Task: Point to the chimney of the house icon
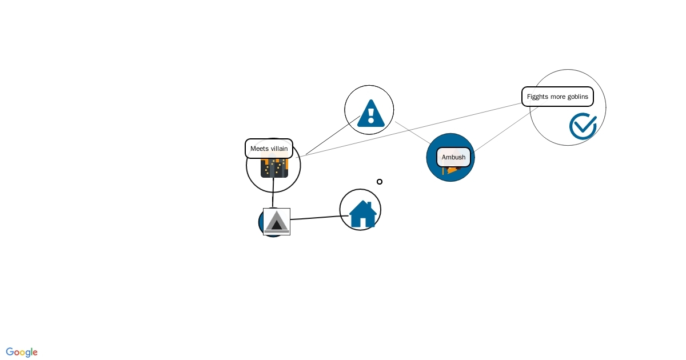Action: pyautogui.click(x=369, y=205)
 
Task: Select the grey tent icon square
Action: pyautogui.click(x=277, y=222)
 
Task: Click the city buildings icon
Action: pyautogui.click(x=274, y=168)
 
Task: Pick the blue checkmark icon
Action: pyautogui.click(x=583, y=126)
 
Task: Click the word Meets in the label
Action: pyautogui.click(x=260, y=149)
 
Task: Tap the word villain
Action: pyautogui.click(x=280, y=149)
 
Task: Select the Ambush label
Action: pyautogui.click(x=453, y=157)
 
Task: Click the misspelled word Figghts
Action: pyautogui.click(x=537, y=97)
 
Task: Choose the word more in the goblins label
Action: pyautogui.click(x=558, y=97)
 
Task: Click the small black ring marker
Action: pyautogui.click(x=380, y=182)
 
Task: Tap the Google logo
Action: pyautogui.click(x=22, y=352)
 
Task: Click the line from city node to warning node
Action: pyautogui.click(x=333, y=135)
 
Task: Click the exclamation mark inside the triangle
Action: pyautogui.click(x=371, y=114)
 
